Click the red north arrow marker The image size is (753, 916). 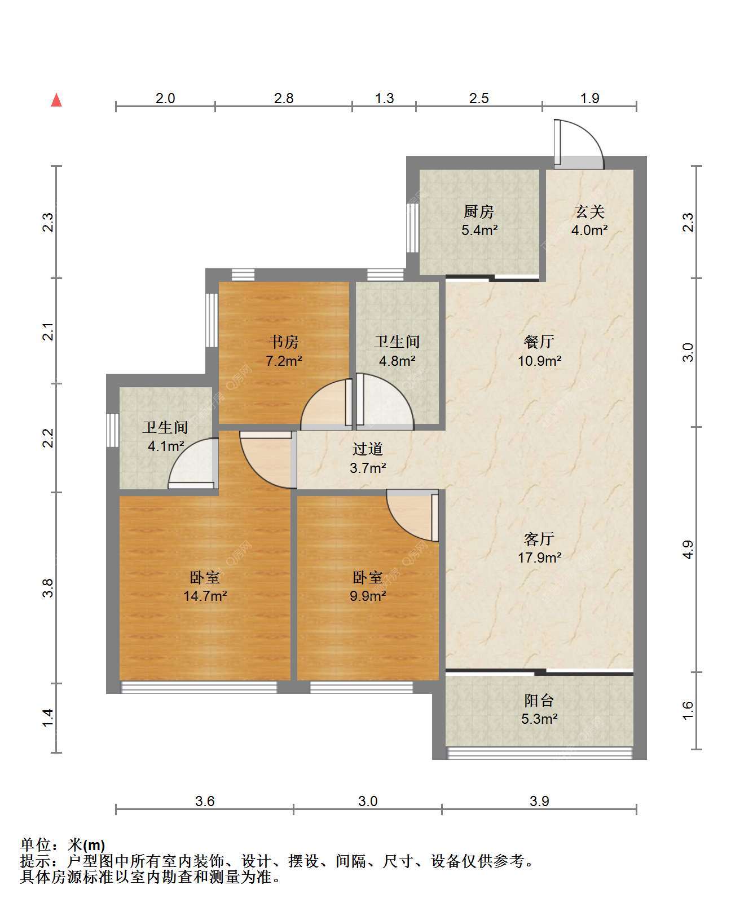click(56, 100)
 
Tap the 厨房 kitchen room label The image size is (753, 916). click(479, 212)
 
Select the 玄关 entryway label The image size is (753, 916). click(589, 212)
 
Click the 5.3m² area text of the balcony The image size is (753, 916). click(539, 719)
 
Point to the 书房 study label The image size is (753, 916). click(284, 342)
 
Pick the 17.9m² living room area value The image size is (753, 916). click(539, 557)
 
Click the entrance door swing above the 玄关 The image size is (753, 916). click(579, 144)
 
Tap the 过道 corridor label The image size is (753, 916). click(368, 449)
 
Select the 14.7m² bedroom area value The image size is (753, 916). click(205, 595)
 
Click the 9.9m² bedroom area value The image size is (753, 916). click(368, 595)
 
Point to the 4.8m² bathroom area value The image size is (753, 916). click(397, 360)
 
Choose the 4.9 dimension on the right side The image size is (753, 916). click(687, 550)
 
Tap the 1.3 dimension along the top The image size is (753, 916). click(384, 99)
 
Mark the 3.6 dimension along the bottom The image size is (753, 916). click(205, 801)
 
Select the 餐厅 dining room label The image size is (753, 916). click(539, 342)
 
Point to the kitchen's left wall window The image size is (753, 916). click(413, 228)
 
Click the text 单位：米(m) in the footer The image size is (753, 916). click(63, 845)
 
